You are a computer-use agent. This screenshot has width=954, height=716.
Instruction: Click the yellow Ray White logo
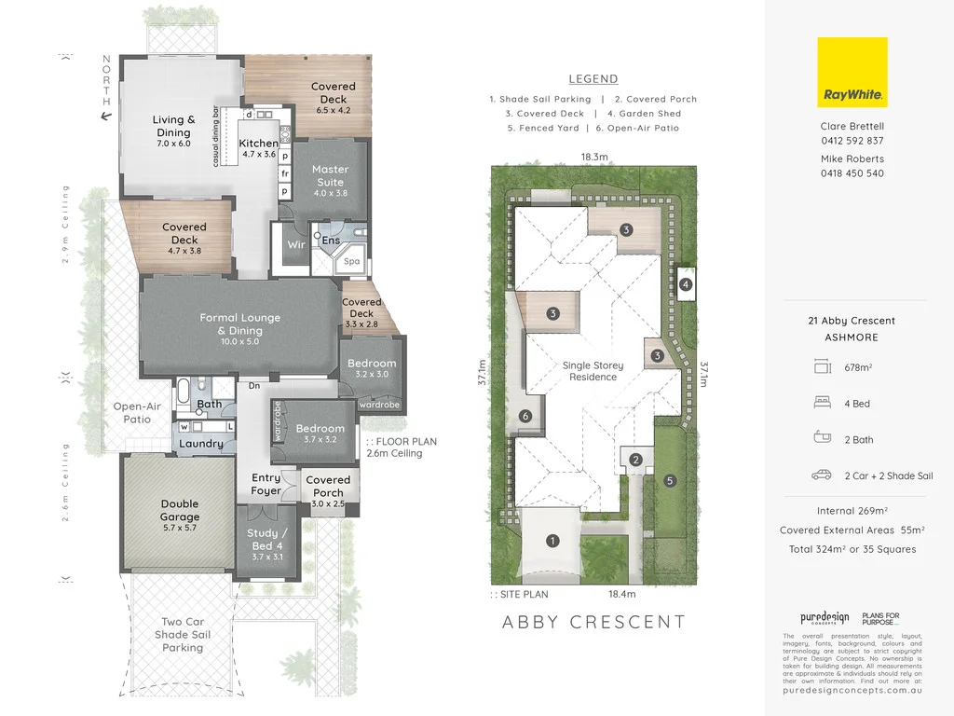pos(852,73)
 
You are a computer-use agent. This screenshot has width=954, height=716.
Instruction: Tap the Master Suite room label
pos(330,175)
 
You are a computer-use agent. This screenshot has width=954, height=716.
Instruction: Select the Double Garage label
pos(179,510)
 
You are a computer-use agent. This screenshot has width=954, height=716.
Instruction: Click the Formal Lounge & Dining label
pos(240,324)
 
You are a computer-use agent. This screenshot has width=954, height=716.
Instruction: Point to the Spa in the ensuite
pos(352,261)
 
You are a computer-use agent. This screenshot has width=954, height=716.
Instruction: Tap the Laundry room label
pos(201,444)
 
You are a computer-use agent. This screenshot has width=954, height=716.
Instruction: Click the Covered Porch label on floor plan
pos(328,487)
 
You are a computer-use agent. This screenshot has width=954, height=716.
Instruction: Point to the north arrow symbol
pos(106,116)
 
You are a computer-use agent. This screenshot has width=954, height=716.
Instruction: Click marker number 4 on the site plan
pos(686,284)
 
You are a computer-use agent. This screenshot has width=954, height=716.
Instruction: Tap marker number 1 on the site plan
pos(552,540)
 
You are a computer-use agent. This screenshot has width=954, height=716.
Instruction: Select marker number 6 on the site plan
pos(525,416)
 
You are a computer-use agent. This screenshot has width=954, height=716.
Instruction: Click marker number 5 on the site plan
pos(668,481)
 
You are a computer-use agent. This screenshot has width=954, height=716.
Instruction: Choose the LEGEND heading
pos(593,79)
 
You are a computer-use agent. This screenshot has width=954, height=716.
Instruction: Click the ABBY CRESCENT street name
pos(593,622)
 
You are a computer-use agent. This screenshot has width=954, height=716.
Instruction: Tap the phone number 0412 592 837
pos(852,141)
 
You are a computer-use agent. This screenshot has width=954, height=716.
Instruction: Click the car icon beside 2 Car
pos(822,475)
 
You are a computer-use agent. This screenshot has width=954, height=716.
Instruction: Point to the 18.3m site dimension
pos(594,158)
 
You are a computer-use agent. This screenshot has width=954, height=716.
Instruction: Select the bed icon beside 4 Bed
pos(822,404)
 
